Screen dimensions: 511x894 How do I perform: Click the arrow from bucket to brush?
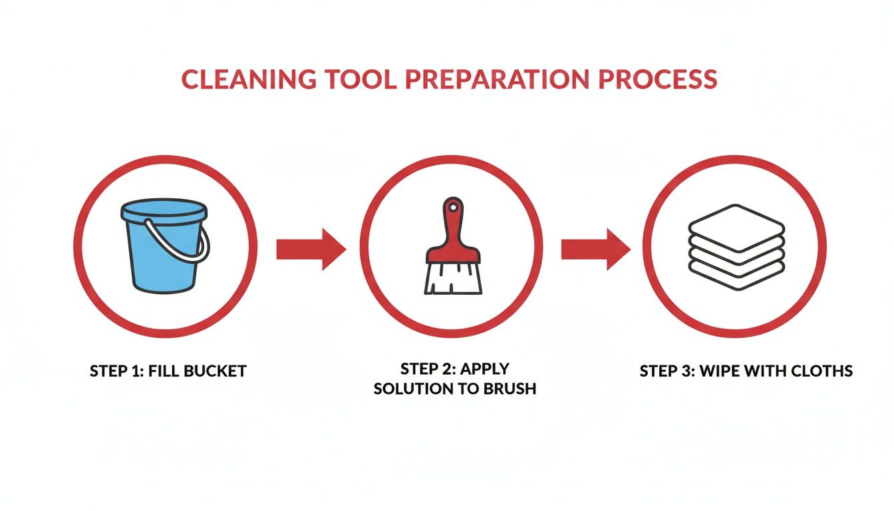tap(311, 250)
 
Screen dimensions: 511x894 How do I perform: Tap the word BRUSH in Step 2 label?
tap(510, 389)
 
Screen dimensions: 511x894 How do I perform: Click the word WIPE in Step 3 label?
tap(714, 371)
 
